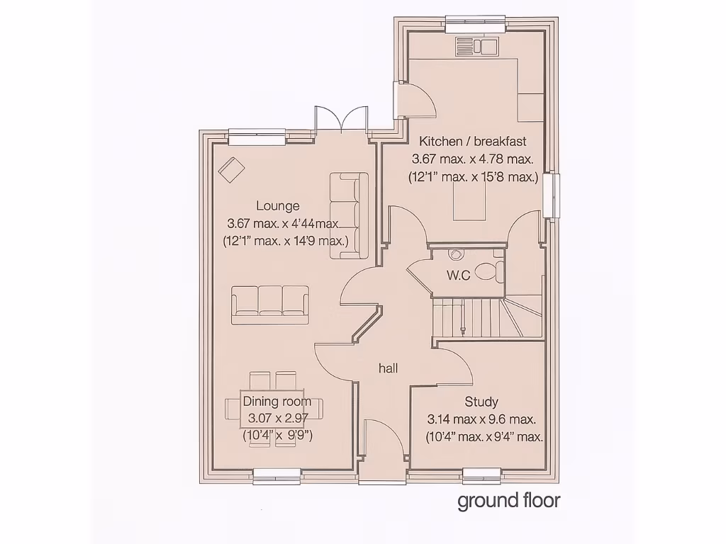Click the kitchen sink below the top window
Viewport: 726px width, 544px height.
(x=478, y=47)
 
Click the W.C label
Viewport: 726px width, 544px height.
(x=458, y=276)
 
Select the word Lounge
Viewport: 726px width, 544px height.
(x=277, y=206)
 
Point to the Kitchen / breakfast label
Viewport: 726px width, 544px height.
(x=472, y=140)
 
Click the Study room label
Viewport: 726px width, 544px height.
(x=481, y=402)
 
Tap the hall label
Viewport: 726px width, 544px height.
(x=388, y=368)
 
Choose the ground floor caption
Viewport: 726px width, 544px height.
(x=508, y=501)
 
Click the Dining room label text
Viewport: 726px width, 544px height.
(x=277, y=401)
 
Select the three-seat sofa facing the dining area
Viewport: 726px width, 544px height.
(x=270, y=303)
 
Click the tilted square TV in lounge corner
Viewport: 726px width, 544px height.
(x=230, y=170)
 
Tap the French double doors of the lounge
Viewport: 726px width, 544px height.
(x=341, y=120)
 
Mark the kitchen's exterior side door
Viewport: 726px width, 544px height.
(x=415, y=100)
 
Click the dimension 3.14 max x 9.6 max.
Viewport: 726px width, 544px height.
(x=481, y=419)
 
